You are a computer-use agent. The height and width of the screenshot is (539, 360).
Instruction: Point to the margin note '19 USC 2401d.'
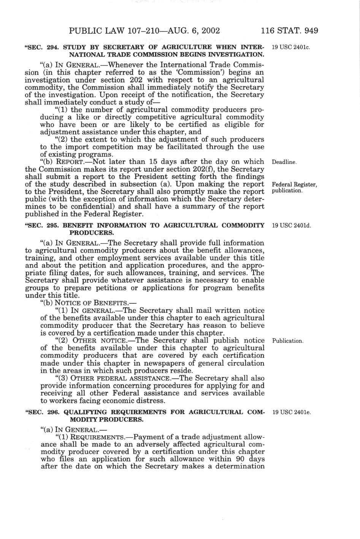292,226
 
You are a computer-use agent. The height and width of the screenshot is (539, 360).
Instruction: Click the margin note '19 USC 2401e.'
292,413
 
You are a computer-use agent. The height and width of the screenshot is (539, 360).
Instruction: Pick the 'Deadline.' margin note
284,162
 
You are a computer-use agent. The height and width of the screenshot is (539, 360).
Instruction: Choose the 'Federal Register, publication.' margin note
294,187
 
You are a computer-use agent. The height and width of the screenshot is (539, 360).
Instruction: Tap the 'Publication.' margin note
288,341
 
